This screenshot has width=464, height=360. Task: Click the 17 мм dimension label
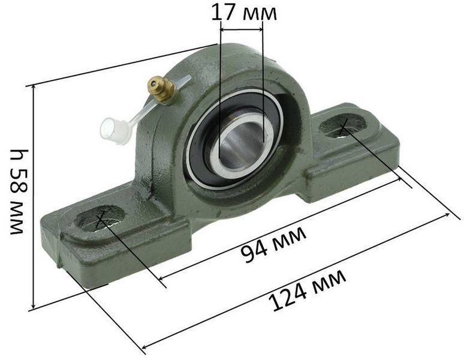[244, 13]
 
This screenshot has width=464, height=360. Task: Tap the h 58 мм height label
[17, 191]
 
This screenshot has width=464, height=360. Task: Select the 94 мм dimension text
[273, 244]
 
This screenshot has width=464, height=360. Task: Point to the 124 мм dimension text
[307, 290]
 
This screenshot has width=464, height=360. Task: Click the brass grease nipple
[161, 89]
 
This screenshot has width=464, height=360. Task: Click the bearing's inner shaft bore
[241, 145]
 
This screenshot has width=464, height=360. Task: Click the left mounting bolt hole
[100, 218]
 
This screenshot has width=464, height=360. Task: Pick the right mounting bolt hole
[344, 126]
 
